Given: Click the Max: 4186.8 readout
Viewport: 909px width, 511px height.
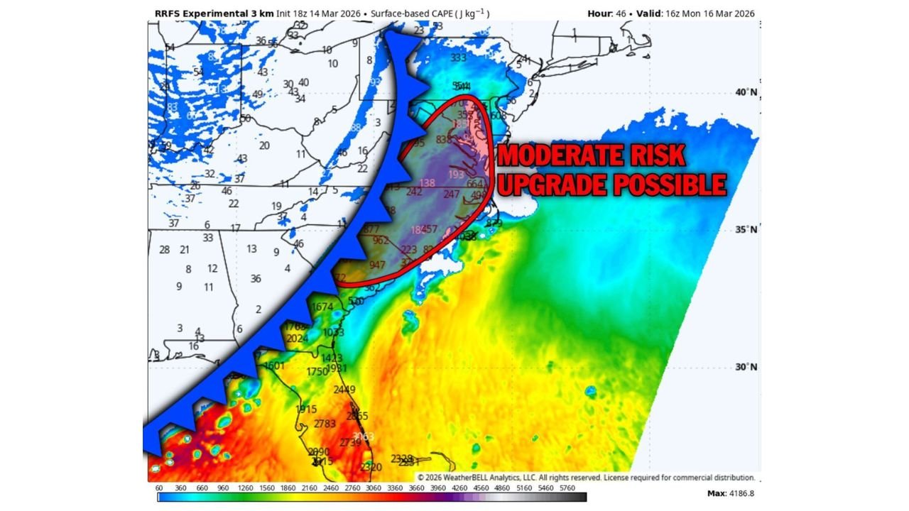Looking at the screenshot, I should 731,493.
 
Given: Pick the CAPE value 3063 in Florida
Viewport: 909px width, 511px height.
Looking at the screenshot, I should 363,436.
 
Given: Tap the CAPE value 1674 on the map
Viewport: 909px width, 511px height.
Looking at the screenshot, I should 322,307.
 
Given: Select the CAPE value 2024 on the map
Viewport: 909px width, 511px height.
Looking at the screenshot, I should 298,339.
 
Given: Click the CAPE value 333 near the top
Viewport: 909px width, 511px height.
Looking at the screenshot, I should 458,57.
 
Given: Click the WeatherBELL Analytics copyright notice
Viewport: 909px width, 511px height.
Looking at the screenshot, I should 586,478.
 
